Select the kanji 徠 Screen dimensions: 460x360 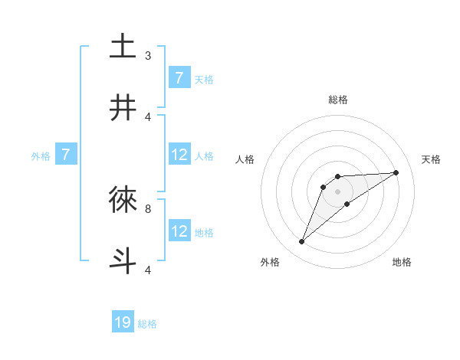pos(123,199)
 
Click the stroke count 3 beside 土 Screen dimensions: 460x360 pos(148,56)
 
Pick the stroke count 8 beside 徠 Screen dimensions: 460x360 pos(148,208)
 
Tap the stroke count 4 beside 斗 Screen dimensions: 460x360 pos(148,270)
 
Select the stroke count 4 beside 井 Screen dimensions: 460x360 pos(148,116)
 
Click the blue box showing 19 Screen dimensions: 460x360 pos(123,322)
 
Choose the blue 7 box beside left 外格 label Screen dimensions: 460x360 pos(66,155)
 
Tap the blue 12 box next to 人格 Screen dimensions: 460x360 pos(179,155)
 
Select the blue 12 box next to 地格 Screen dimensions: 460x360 pos(179,231)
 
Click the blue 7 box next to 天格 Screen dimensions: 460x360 pos(179,78)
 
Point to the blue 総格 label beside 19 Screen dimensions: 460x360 pos(147,324)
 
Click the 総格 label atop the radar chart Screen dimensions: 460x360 pos(337,100)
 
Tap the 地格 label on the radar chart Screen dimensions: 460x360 pos(402,262)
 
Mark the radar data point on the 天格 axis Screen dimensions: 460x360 pos(396,172)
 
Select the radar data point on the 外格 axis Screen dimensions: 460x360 pos(301,242)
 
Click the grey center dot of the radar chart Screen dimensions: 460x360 pos(337,191)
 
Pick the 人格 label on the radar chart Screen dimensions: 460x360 pos(245,159)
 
